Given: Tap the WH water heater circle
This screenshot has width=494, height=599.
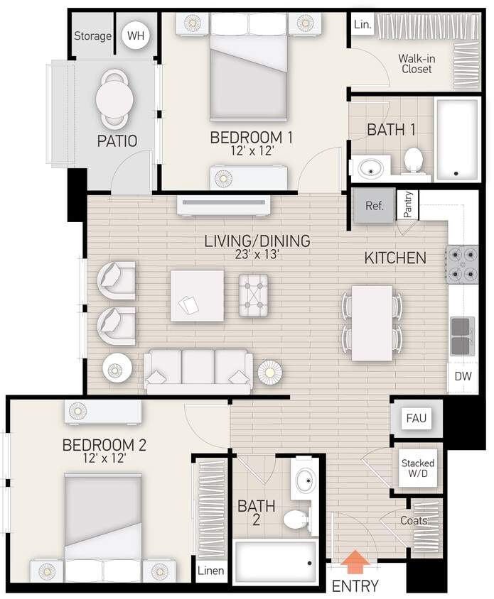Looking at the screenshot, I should point(135,35).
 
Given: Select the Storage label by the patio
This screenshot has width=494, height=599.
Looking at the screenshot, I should point(93,35).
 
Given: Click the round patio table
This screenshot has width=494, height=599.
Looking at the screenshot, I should point(114,96).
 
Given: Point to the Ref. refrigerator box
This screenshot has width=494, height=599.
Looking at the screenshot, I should point(374,207).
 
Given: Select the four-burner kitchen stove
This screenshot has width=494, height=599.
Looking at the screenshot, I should point(462,264).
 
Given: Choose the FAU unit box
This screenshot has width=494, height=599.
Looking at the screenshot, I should point(416,418).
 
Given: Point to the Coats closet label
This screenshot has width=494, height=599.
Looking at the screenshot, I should point(414,521).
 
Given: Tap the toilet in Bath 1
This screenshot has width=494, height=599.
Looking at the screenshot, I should point(413,161).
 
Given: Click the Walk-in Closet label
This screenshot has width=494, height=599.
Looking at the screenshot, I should point(417,63).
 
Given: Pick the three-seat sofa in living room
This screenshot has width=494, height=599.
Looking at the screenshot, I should point(198,371).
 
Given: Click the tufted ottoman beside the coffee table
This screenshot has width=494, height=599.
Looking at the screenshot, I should point(253,295).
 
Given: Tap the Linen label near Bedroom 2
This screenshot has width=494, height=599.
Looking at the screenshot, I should point(211,570).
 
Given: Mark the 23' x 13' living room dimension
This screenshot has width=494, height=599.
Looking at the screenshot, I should point(257,255).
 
